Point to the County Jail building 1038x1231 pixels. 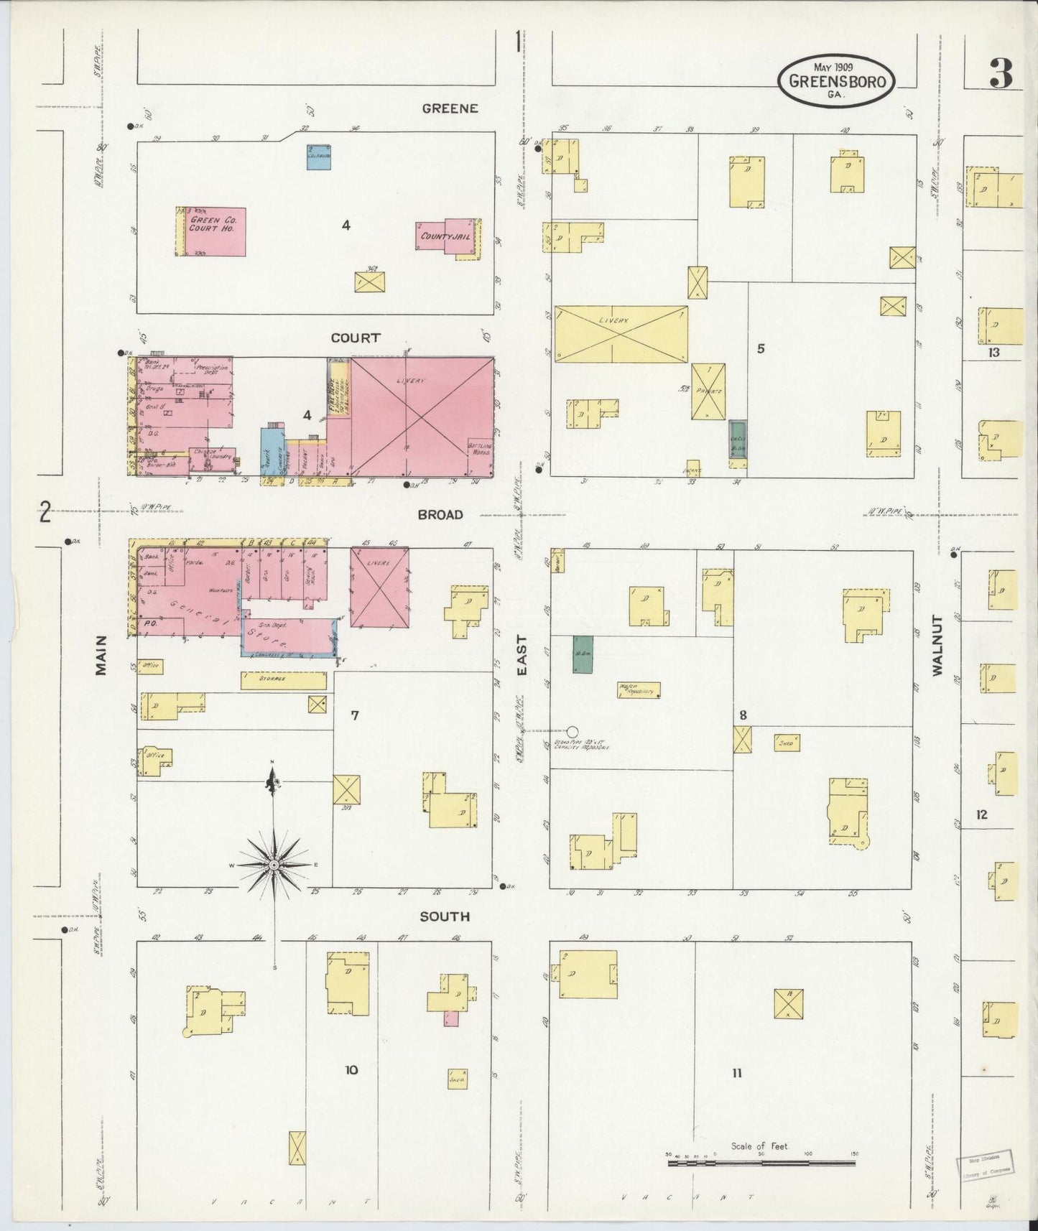pos(446,236)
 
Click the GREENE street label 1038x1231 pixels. pos(450,108)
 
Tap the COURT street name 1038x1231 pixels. pos(355,338)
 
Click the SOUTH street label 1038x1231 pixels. pos(445,916)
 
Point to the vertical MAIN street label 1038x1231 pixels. pos(101,654)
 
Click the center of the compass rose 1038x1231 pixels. pos(274,865)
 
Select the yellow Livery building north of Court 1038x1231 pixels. pos(621,334)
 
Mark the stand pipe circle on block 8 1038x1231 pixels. pos(573,732)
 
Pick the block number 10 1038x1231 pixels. pos(351,1070)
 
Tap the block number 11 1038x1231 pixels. pos(736,1073)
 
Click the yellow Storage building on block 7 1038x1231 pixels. pos(283,680)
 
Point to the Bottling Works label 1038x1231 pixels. pos(481,450)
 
